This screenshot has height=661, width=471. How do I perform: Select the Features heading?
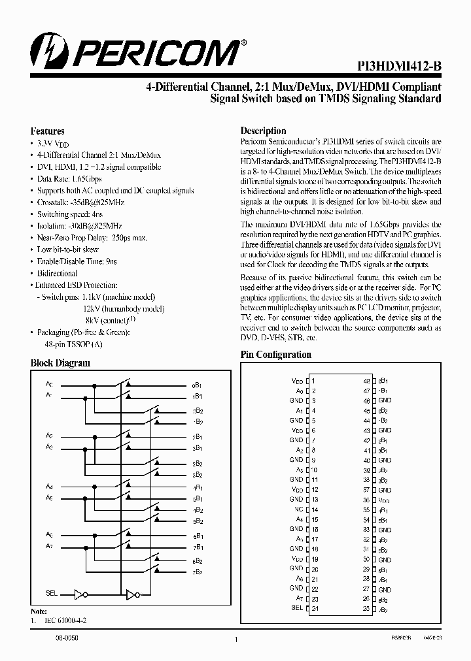(48, 131)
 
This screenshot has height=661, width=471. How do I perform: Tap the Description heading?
(263, 131)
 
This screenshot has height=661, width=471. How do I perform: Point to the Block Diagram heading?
(60, 363)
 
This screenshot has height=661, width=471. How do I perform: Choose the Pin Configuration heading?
(275, 355)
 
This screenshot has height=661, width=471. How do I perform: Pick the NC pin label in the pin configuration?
(298, 509)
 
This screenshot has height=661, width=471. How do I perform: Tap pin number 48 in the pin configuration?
(367, 381)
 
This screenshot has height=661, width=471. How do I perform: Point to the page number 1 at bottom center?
(235, 639)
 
